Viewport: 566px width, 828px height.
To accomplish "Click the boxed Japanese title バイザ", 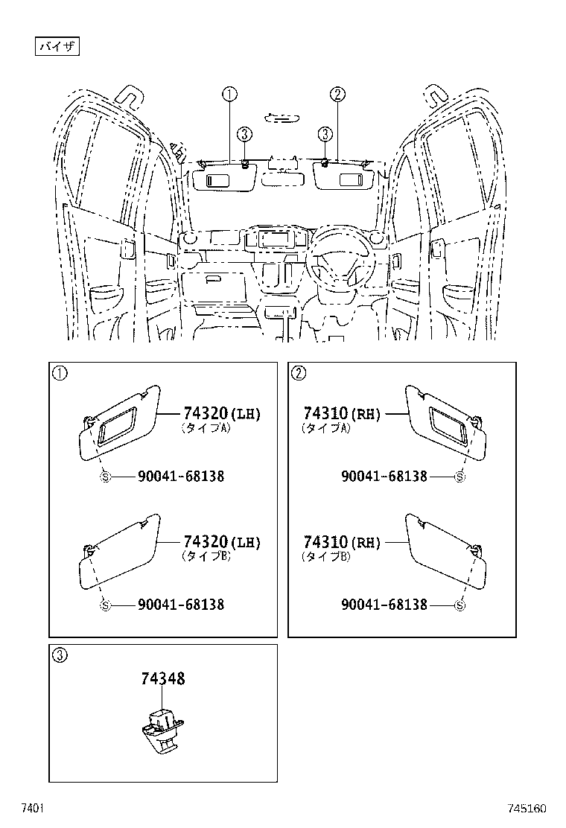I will [x=57, y=46].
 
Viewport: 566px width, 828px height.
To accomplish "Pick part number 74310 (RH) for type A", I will [x=342, y=414].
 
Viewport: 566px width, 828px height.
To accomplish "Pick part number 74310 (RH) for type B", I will [x=342, y=543].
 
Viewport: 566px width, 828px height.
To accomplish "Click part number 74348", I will [x=163, y=678].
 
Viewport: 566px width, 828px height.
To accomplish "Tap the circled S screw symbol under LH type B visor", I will [x=105, y=605].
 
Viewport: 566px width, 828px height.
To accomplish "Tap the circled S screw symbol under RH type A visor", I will [x=460, y=477].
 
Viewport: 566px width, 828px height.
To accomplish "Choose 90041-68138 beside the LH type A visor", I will [x=181, y=477].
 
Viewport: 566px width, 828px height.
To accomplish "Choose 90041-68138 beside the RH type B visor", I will [x=384, y=605].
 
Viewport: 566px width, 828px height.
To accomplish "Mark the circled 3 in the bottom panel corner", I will [x=60, y=655].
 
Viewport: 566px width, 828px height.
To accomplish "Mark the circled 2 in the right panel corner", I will [x=299, y=373].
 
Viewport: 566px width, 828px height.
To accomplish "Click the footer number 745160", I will [x=527, y=809].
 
